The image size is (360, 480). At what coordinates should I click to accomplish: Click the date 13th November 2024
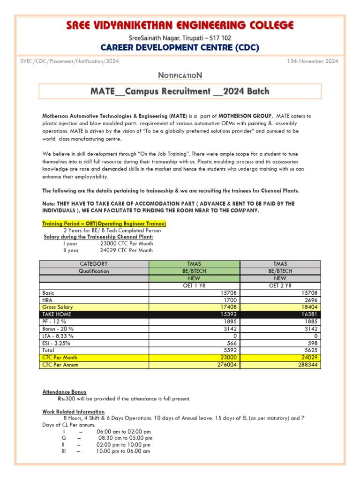312,61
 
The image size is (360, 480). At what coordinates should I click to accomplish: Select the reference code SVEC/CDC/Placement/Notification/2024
70,61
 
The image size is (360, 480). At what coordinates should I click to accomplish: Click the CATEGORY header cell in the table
94,264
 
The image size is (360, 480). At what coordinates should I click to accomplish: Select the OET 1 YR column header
194,285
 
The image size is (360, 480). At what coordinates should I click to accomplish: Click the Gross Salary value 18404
311,307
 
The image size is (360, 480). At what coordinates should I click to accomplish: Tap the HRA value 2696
312,300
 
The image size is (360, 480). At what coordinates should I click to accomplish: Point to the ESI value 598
314,343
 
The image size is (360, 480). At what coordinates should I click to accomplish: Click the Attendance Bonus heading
64,392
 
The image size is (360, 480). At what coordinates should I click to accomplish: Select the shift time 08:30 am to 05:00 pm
125,438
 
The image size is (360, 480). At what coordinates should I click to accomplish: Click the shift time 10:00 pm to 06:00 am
123,451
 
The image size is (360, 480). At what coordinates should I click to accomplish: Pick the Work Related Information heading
73,412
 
